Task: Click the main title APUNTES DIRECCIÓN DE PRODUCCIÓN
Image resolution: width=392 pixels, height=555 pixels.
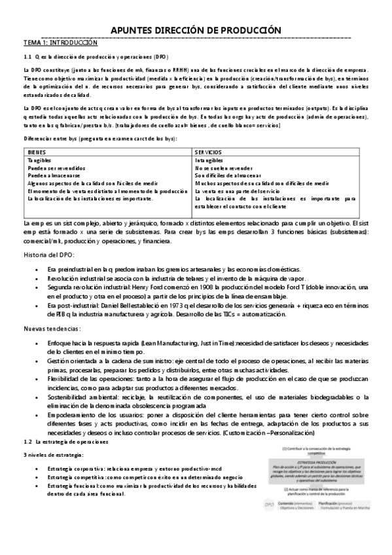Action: pyautogui.click(x=196, y=30)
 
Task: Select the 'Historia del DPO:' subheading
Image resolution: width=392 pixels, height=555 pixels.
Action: pyautogui.click(x=49, y=254)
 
